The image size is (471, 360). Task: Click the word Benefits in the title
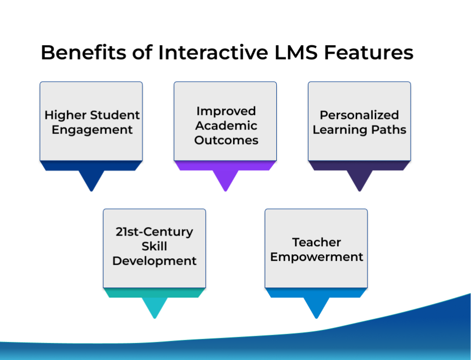[x=84, y=52]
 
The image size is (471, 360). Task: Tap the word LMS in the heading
[x=296, y=52]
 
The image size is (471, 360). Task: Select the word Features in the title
[x=368, y=52]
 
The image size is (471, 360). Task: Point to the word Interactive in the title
[x=213, y=52]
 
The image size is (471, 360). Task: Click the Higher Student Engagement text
[x=92, y=122]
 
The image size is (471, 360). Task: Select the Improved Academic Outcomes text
[x=226, y=125]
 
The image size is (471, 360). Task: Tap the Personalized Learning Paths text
[x=359, y=122]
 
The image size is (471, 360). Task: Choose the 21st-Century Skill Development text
[x=154, y=246]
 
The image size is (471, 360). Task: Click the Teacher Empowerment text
[x=317, y=249]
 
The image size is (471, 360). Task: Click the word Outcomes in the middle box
[x=226, y=140]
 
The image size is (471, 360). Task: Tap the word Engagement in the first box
[x=92, y=130]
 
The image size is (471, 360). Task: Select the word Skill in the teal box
[x=154, y=246]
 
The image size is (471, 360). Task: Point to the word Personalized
[x=359, y=115]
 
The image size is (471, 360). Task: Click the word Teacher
[x=317, y=242]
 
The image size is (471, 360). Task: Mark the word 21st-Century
[x=154, y=232]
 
